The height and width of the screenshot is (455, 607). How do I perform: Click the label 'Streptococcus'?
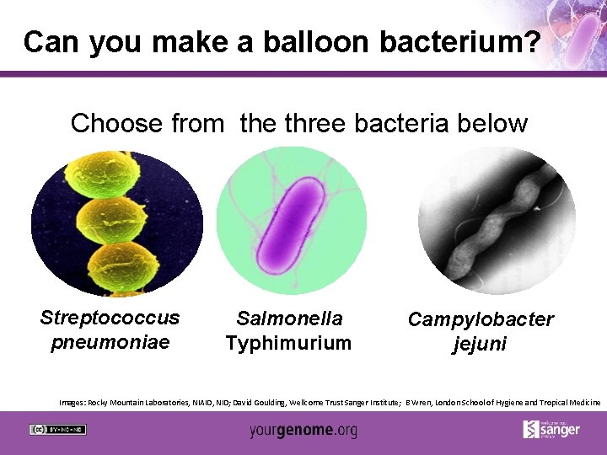point(110,318)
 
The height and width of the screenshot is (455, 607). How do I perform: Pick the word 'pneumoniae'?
point(110,342)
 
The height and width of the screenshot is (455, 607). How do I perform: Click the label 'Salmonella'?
point(289,318)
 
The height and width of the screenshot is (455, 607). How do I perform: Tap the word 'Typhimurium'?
point(288,343)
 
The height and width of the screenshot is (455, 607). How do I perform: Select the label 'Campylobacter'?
point(481,319)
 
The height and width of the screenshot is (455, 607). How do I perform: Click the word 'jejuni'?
point(480,344)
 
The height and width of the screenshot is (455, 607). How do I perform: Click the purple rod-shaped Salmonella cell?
point(290,222)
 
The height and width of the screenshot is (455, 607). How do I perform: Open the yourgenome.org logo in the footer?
point(303,431)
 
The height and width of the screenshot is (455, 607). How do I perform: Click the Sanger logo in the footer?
point(552,429)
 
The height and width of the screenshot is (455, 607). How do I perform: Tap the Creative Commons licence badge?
point(58,430)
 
